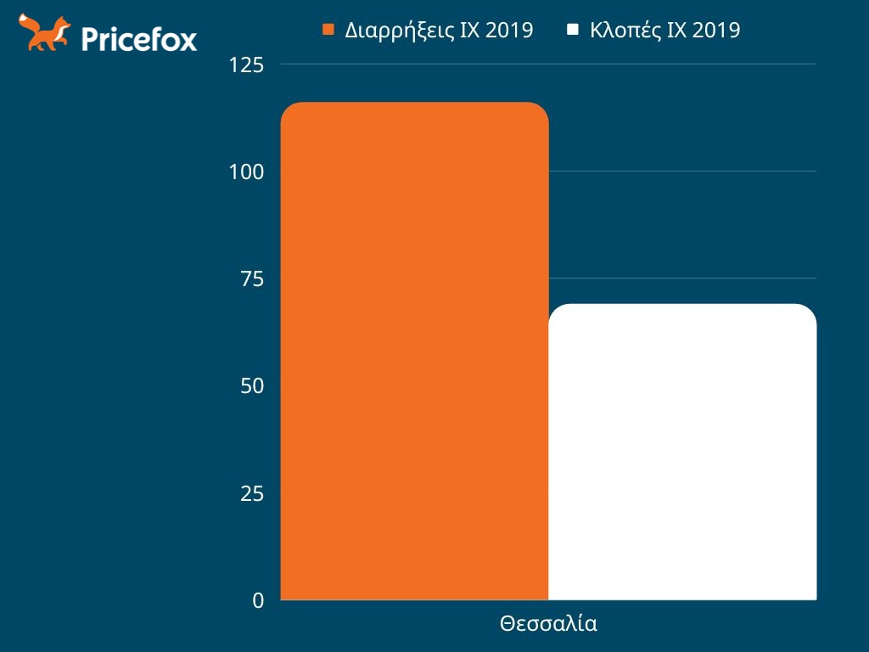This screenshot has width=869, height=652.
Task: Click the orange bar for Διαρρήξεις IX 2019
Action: [414, 351]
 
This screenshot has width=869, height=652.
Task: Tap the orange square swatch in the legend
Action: [329, 31]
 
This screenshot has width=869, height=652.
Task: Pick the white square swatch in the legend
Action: [573, 31]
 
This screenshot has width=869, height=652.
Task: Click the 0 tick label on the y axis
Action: [258, 600]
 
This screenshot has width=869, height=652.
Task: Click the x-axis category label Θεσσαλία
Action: [548, 624]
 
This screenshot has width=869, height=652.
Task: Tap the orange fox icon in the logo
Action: [44, 33]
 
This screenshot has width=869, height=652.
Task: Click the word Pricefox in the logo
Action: [139, 38]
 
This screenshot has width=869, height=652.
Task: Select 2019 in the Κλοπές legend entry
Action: [716, 31]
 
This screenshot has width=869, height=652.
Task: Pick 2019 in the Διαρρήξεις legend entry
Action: [509, 31]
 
